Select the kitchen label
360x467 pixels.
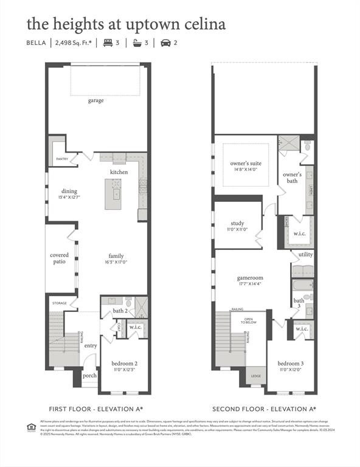(x=119, y=172)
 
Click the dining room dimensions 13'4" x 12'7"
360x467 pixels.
(x=69, y=198)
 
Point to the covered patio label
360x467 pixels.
(x=59, y=258)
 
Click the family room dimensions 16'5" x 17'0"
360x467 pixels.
(x=116, y=263)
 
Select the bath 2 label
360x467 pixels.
(x=120, y=311)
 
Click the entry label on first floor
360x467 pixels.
(x=91, y=345)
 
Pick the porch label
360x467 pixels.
(x=90, y=375)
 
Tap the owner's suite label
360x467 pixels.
(x=246, y=164)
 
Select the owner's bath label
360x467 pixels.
(x=292, y=178)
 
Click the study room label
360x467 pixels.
(x=237, y=223)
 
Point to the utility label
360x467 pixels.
(x=305, y=254)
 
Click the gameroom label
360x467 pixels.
(x=249, y=277)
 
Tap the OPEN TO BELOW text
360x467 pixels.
(x=249, y=320)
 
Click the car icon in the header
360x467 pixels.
(x=165, y=43)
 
